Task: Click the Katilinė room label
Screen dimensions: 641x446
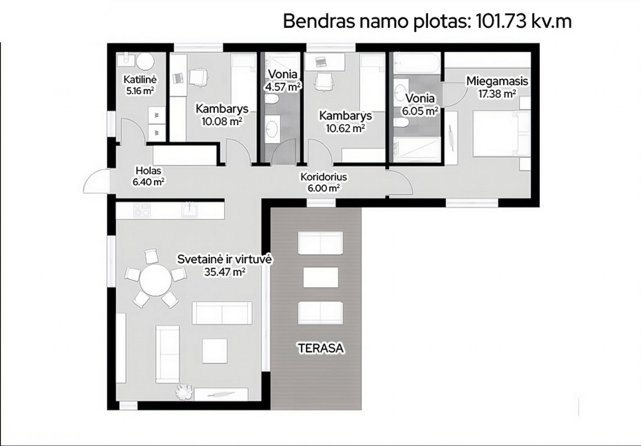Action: pos(140,80)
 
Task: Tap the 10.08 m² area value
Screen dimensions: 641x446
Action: pos(222,121)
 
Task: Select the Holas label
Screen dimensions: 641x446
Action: pos(148,171)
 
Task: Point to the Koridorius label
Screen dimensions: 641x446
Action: pos(324,177)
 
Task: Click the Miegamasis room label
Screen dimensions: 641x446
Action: pos(497,81)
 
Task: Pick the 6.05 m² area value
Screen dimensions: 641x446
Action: pos(420,111)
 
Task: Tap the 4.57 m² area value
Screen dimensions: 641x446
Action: pos(283,87)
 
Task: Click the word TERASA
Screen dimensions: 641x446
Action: pos(320,348)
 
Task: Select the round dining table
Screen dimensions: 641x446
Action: pos(156,280)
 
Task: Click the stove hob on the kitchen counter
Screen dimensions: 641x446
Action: pos(142,210)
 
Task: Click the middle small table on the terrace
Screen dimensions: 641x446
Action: pos(320,278)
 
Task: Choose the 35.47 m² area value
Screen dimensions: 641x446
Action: pos(224,272)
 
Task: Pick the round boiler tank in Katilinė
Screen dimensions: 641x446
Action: pos(145,62)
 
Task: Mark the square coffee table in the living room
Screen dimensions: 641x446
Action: pos(215,351)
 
